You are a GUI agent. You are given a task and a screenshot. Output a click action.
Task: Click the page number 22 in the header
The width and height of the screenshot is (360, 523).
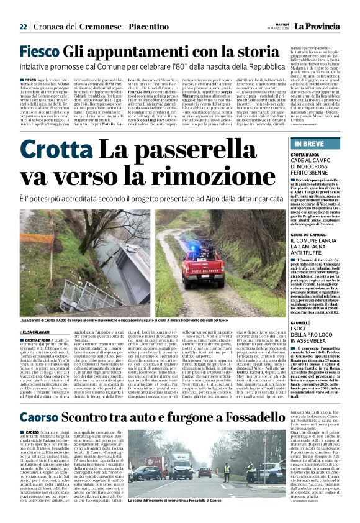coord(23,27)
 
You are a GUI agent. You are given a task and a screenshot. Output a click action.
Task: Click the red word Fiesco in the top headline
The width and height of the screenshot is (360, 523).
coord(38,52)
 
